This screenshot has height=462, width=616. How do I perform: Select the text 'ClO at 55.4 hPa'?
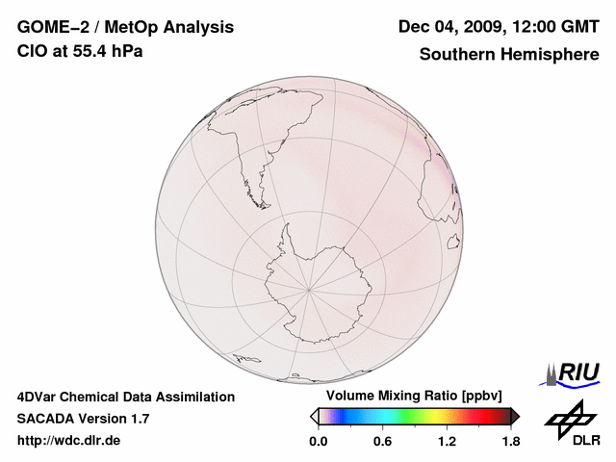(x=80, y=51)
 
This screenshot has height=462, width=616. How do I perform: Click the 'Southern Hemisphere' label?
(x=508, y=55)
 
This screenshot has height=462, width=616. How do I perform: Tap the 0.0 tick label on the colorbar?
(x=319, y=442)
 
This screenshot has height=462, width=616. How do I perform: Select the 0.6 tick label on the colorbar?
(x=383, y=442)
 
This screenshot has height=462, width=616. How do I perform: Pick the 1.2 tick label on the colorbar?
(x=447, y=442)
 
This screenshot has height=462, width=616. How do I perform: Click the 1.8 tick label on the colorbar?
(x=510, y=442)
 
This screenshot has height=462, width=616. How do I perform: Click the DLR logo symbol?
(x=569, y=418)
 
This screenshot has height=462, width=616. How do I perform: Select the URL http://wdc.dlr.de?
(x=69, y=441)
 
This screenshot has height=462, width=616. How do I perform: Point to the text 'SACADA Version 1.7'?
(x=83, y=419)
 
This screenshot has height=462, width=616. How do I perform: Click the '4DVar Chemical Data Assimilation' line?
(x=126, y=397)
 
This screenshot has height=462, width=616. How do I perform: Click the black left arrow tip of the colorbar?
(x=314, y=416)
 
